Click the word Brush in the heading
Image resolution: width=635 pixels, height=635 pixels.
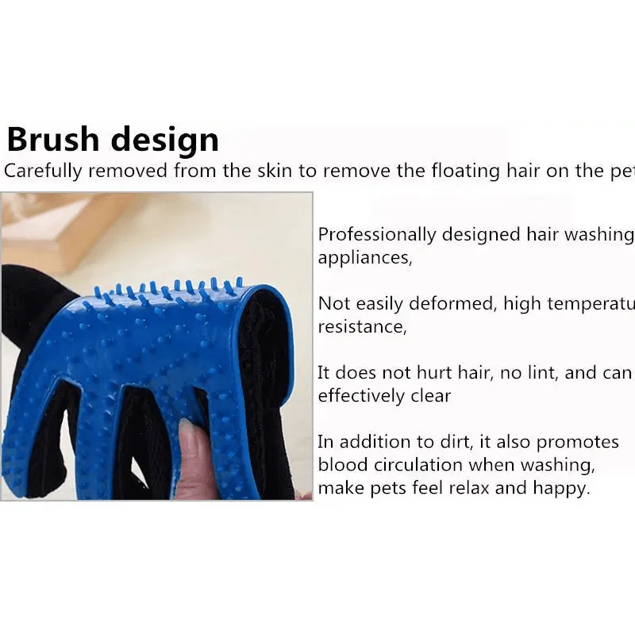coord(53,140)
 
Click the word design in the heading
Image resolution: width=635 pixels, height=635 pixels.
coord(164,141)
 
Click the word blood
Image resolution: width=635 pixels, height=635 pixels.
coord(341,465)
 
